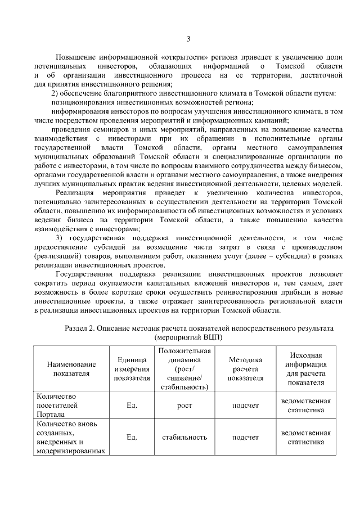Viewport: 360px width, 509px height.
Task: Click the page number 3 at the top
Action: (188, 39)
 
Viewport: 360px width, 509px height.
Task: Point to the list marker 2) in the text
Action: (56, 93)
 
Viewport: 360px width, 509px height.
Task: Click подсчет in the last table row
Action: (245, 437)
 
